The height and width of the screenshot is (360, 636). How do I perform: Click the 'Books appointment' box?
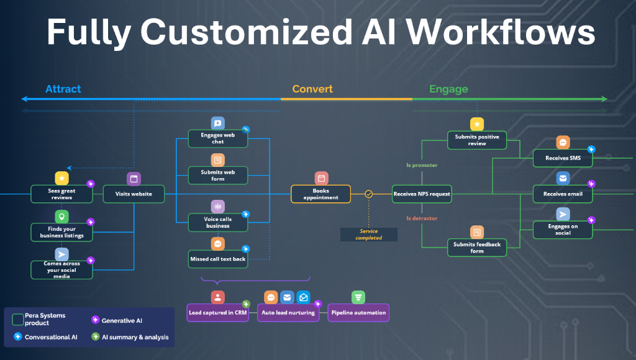click(320, 194)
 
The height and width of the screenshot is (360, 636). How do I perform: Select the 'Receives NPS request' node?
click(422, 194)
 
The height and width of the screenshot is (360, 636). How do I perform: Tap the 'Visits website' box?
click(134, 194)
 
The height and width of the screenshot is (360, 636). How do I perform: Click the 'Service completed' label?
click(369, 234)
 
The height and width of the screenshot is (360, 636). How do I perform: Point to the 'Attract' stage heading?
click(63, 89)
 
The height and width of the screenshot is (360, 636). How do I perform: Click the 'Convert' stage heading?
click(312, 89)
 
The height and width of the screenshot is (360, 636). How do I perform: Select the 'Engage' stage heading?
click(448, 89)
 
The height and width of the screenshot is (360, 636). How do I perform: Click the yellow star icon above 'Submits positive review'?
click(476, 124)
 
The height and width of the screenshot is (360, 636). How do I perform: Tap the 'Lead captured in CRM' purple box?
click(218, 312)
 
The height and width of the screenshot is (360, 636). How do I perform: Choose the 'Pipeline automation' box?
click(358, 312)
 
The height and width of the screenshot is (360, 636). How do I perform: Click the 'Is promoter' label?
click(422, 166)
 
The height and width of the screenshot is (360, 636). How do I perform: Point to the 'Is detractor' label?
click(422, 218)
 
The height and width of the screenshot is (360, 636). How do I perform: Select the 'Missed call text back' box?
click(218, 259)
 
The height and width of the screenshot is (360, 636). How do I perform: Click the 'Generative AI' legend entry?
click(122, 320)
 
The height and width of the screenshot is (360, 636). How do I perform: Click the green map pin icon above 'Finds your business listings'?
click(61, 217)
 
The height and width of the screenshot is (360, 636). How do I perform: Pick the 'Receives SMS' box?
click(562, 158)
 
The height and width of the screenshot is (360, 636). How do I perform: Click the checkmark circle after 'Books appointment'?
click(369, 194)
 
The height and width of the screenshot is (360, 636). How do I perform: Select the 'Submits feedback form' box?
click(476, 248)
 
